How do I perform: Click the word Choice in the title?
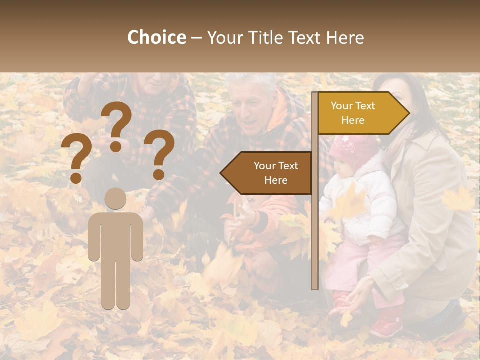point(156,38)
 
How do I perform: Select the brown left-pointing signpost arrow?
point(267,173)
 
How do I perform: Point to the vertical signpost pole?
point(314,225)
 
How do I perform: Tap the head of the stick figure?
point(116,199)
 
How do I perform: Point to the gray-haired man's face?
point(252,110)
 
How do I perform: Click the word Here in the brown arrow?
point(276,180)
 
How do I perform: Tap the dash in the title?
point(196,38)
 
